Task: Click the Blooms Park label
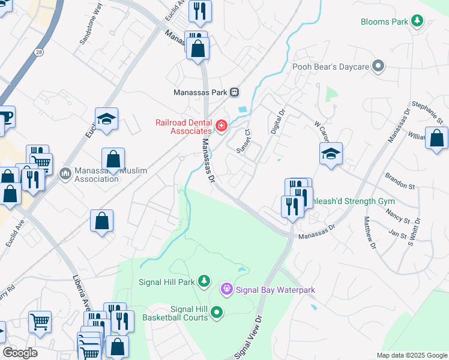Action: point(385,22)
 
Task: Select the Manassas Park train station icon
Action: point(235,92)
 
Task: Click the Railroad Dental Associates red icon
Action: point(221,126)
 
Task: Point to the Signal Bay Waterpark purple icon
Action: point(226,290)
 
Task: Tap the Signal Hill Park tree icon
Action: point(204,281)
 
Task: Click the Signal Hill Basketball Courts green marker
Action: point(217,312)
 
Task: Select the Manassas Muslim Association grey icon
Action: point(65,174)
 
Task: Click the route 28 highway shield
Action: point(38,52)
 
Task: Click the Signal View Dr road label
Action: point(250,337)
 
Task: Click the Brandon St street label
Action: point(400,182)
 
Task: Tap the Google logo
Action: point(20,353)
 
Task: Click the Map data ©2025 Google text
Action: point(412,355)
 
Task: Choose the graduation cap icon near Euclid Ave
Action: point(106,119)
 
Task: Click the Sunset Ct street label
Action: point(243,141)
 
